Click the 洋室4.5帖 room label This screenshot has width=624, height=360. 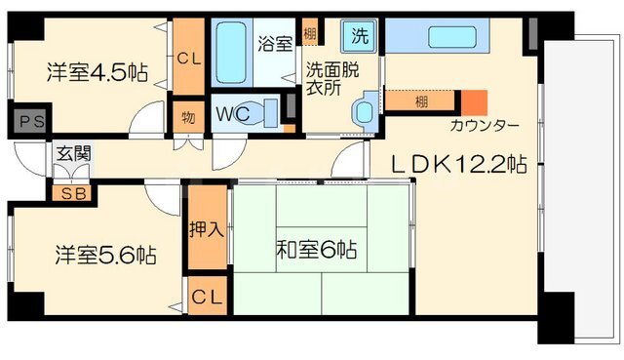(97, 72)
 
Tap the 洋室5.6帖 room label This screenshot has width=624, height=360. (106, 255)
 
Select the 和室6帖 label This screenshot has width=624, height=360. (316, 250)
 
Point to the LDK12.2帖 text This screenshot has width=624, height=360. (459, 164)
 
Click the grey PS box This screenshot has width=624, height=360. (32, 121)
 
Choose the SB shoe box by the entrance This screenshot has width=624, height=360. (74, 194)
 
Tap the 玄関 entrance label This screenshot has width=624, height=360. (74, 153)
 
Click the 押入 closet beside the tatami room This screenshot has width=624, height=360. (207, 227)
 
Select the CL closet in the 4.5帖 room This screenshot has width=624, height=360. (189, 57)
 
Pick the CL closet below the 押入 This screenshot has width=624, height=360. (207, 297)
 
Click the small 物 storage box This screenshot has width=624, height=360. (188, 117)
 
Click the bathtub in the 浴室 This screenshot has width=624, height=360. (231, 52)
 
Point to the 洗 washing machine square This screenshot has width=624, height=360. (359, 37)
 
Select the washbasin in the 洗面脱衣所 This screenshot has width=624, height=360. (365, 112)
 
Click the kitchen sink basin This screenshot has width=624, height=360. (452, 37)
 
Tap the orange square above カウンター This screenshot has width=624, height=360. (475, 102)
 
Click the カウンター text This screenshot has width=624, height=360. (485, 126)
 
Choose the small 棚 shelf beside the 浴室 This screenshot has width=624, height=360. (310, 32)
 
